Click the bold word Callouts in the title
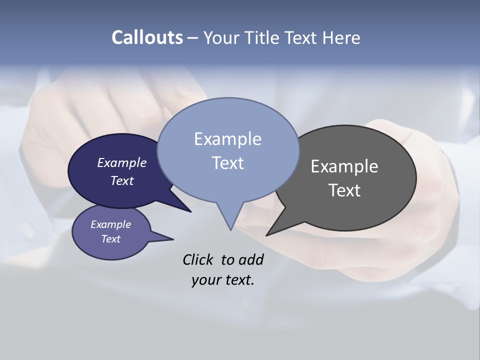[147, 37]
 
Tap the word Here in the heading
[341, 37]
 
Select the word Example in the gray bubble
[344, 166]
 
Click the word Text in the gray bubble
[344, 190]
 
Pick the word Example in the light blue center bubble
[227, 139]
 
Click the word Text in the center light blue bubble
[227, 163]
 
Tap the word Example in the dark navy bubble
[121, 163]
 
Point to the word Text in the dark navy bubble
[122, 180]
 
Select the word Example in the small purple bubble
[110, 224]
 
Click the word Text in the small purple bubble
[110, 239]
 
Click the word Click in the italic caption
[198, 260]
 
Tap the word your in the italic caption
[205, 280]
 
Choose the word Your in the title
[223, 37]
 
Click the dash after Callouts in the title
[193, 38]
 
